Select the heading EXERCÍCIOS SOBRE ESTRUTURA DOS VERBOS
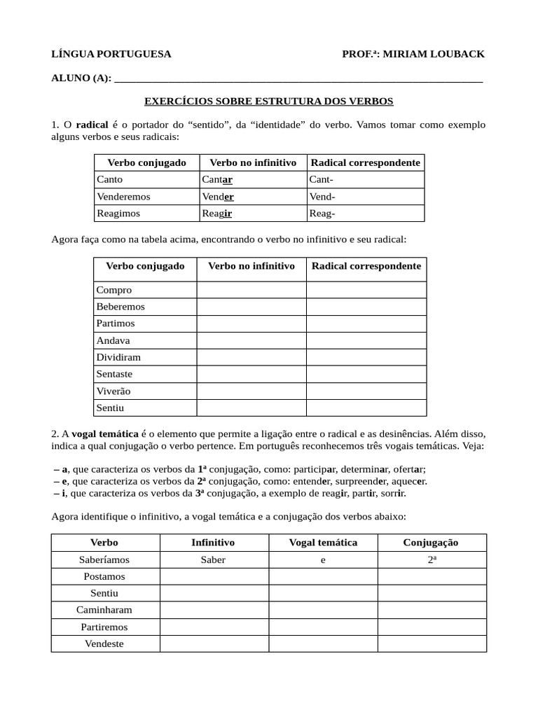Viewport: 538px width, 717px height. click(x=269, y=102)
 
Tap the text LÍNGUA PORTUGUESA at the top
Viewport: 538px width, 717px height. click(x=111, y=55)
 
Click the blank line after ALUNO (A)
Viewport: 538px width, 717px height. click(x=298, y=78)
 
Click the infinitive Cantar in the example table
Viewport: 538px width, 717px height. click(x=217, y=180)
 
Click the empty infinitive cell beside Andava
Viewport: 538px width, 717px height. click(x=251, y=340)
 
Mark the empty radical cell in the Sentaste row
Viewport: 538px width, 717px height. click(x=366, y=374)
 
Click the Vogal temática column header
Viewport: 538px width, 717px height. click(x=323, y=543)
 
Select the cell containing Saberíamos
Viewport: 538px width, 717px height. click(x=105, y=559)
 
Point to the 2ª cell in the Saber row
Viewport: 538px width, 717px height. click(x=432, y=559)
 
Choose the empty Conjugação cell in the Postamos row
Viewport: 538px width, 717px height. click(x=432, y=576)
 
